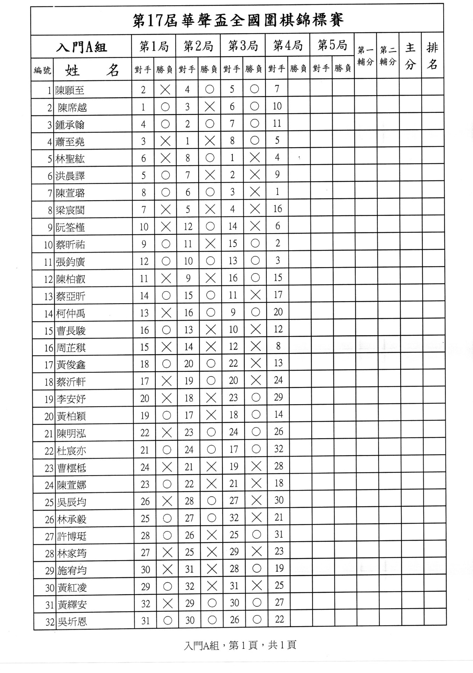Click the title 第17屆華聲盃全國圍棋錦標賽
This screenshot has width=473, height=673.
(238, 20)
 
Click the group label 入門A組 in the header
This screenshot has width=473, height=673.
(81, 47)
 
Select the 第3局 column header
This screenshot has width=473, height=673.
(243, 46)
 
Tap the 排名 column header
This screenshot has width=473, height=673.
(432, 56)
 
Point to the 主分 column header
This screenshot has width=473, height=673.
(410, 56)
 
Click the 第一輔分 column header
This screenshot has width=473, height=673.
(365, 56)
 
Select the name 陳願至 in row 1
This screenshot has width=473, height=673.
(70, 90)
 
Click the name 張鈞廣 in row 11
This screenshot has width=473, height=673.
(70, 262)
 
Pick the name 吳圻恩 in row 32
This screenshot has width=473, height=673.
(72, 622)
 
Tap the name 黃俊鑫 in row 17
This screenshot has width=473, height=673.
(71, 365)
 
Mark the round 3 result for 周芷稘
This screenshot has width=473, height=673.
(256, 347)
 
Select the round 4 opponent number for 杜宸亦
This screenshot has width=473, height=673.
(278, 449)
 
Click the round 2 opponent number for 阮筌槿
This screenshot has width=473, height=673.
(188, 227)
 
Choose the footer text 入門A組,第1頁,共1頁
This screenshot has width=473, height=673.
(240, 645)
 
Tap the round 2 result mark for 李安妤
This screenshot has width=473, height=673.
(211, 398)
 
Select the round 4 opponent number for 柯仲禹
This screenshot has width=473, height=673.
(278, 312)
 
